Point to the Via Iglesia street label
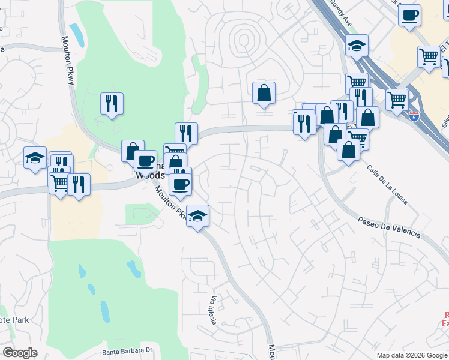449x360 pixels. [x=212, y=310]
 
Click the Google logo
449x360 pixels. [x=20, y=353]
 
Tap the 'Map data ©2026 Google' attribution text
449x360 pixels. [x=411, y=355]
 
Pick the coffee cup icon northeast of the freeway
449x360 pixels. [x=410, y=15]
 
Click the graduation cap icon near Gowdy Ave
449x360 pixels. [x=357, y=45]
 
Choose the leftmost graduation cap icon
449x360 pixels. [x=35, y=158]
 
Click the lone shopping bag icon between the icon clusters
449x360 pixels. [x=264, y=92]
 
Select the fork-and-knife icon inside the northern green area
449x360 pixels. [x=112, y=103]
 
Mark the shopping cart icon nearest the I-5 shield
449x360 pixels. [x=397, y=100]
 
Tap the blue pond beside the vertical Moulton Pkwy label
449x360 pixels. [x=76, y=35]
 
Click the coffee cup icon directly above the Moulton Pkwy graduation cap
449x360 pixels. [x=180, y=184]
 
